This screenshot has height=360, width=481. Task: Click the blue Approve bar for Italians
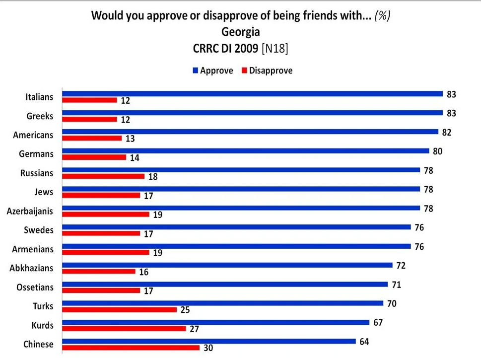click(252, 93)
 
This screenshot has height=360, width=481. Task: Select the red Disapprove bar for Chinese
click(131, 348)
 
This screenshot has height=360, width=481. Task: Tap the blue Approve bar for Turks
click(222, 303)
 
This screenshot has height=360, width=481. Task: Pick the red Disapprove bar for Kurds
click(124, 329)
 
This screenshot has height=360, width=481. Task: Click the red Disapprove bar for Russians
click(103, 176)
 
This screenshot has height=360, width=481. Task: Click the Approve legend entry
click(212, 71)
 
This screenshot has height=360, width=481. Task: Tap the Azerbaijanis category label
click(30, 211)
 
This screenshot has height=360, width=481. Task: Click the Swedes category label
click(38, 230)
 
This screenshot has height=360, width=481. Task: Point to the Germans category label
click(36, 153)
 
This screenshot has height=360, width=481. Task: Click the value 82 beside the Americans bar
click(447, 132)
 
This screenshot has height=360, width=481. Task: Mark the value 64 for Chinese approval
click(365, 341)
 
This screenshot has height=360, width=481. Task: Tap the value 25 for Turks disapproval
click(186, 310)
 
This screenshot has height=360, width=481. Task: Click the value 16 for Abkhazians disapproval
click(144, 272)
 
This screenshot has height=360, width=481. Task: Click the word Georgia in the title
click(240, 32)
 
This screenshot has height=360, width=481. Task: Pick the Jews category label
click(44, 192)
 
